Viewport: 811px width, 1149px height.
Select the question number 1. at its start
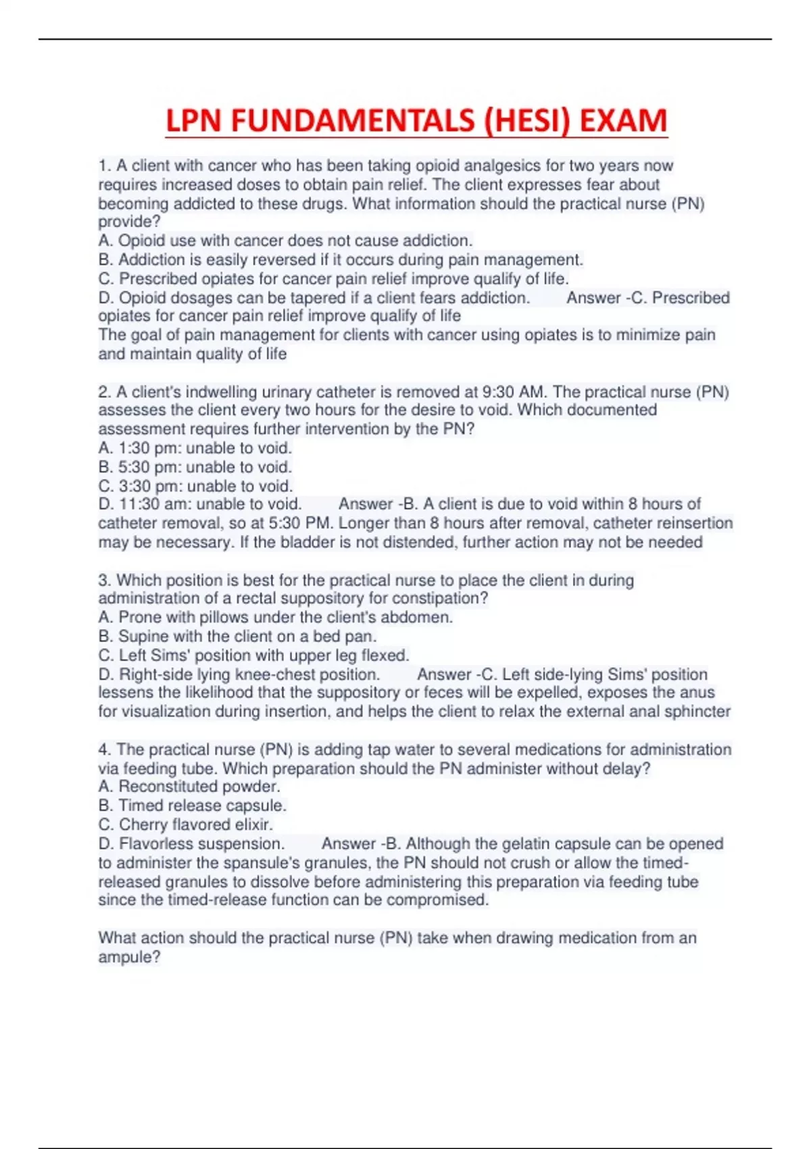pyautogui.click(x=105, y=166)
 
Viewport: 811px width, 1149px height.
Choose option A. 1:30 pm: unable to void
pyautogui.click(x=195, y=448)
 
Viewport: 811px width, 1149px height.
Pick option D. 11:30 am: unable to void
pyautogui.click(x=199, y=504)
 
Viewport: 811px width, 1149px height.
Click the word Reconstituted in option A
pyautogui.click(x=163, y=787)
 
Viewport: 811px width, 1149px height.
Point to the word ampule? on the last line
pyautogui.click(x=129, y=957)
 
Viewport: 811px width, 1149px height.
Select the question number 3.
pyautogui.click(x=105, y=581)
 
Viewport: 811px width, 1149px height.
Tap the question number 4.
pyautogui.click(x=105, y=750)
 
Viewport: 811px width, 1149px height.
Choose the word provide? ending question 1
pyautogui.click(x=129, y=222)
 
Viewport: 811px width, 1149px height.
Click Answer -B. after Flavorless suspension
pyautogui.click(x=362, y=844)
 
